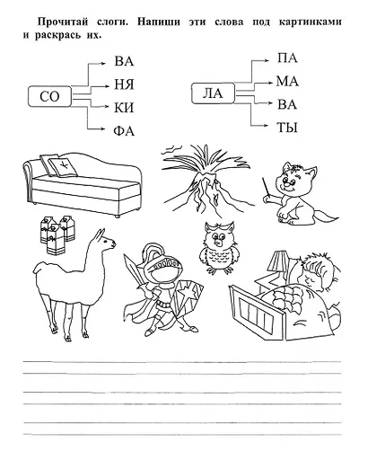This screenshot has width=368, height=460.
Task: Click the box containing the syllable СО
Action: tap(49, 96)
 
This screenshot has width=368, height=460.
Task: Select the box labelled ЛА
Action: tap(213, 93)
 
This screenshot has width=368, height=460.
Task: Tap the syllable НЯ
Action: tap(124, 84)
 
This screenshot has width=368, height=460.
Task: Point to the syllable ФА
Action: tap(124, 131)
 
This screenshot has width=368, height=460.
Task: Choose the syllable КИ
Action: tap(124, 108)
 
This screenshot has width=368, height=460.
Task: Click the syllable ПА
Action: tap(287, 57)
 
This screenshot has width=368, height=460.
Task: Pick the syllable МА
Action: tap(287, 81)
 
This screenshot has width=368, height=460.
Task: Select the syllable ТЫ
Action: tap(287, 128)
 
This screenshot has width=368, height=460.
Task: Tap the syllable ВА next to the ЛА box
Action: tap(287, 104)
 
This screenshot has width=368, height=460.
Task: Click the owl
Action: tap(219, 248)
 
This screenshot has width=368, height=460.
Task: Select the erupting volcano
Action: tap(206, 181)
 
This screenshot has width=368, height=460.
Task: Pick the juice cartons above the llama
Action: tap(57, 234)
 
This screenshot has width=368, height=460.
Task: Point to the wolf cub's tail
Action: tap(325, 217)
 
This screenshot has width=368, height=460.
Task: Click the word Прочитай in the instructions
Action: tap(63, 22)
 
